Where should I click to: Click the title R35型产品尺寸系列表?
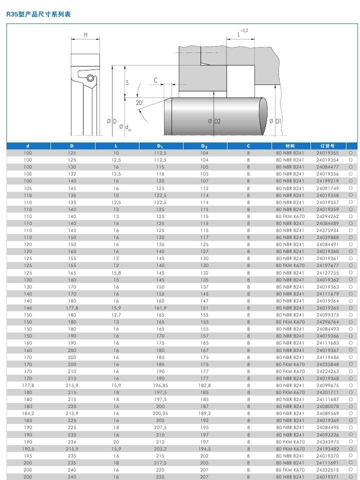coord(38,14)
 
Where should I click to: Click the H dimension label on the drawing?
coord(85,34)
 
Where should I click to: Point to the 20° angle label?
coord(139,103)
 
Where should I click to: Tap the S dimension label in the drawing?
coord(127,82)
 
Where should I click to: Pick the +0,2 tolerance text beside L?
coord(244,31)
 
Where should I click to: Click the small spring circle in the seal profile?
coord(90,78)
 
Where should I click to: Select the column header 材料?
coord(290,146)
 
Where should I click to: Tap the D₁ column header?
coord(160,146)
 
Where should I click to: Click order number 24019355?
coord(327,153)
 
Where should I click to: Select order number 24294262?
coord(327,216)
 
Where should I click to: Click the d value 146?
coord(28,308)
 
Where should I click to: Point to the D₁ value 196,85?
coord(160,385)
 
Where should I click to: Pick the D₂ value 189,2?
coord(204,413)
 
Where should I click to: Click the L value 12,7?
coord(116,315)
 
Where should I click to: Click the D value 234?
coord(72,442)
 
